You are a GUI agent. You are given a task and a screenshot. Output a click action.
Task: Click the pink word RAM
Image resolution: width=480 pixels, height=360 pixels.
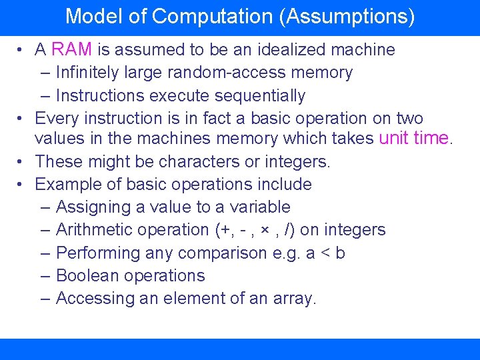[72, 49]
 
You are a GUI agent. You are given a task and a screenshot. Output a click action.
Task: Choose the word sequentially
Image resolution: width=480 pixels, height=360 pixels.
[259, 95]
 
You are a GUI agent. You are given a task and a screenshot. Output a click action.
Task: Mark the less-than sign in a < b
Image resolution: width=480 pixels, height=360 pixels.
[324, 253]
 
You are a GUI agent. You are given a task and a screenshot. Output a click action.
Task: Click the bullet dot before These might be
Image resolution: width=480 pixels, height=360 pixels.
[21, 161]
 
